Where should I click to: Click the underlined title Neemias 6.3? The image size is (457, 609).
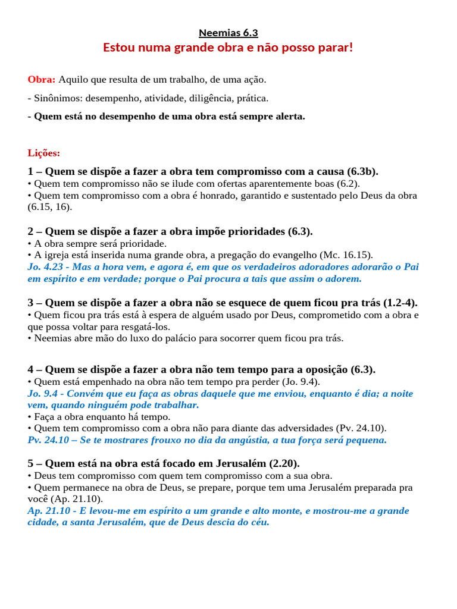coord(228,33)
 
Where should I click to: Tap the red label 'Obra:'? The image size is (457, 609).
coord(42,79)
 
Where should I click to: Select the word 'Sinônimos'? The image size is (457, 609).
coord(55,98)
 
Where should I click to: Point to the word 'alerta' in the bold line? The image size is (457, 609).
coord(289,117)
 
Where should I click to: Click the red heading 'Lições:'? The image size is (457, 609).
coord(44,153)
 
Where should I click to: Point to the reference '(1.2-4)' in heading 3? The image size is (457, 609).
coord(402,303)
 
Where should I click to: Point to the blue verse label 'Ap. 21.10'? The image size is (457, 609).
coord(48,511)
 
